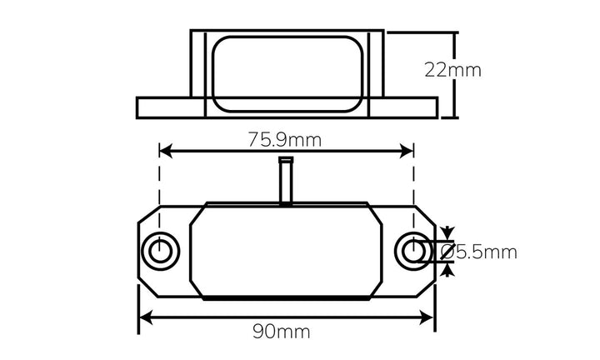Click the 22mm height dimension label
coord(452,70)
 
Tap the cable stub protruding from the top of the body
coord(286,180)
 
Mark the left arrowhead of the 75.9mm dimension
coord(164,151)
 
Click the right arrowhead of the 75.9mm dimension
coord(408,151)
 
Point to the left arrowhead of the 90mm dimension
coord(144,317)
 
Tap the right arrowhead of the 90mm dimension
coord(429,317)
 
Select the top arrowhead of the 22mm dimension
coord(455,38)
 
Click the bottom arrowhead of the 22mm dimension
coord(455,112)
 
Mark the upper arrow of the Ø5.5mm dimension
coord(447,232)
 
